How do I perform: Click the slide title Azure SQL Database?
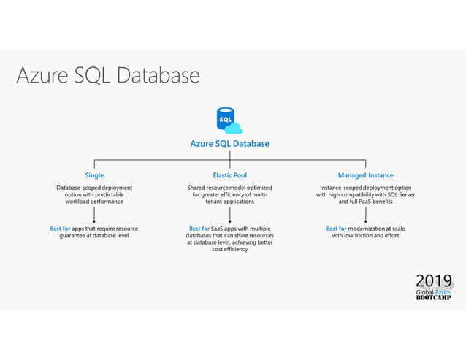click(x=107, y=76)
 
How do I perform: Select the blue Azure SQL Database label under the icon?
click(x=229, y=144)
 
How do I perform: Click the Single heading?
click(x=94, y=175)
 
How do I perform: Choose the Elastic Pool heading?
click(x=229, y=175)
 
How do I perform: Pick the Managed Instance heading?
click(x=365, y=175)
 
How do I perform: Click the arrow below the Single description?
click(x=94, y=214)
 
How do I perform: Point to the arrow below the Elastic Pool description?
click(x=229, y=214)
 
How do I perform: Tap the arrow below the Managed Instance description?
click(x=365, y=214)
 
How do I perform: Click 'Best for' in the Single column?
click(x=60, y=229)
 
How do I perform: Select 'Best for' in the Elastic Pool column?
click(x=199, y=229)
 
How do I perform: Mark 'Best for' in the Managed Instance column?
click(x=336, y=229)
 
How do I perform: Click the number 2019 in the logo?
click(x=433, y=281)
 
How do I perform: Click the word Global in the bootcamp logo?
click(x=424, y=292)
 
